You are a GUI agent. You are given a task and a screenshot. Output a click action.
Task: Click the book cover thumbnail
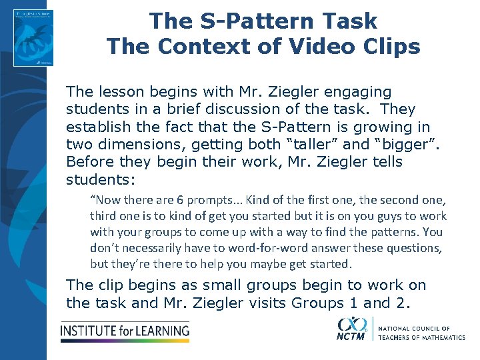34,37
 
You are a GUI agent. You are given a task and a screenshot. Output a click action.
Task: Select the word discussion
249,109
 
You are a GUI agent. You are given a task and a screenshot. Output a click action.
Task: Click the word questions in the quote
415,248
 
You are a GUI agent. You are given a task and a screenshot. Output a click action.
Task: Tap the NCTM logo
352,329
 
